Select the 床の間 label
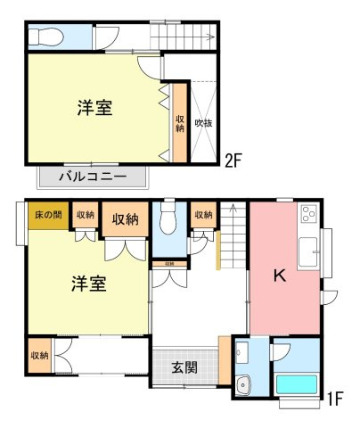point(48,215)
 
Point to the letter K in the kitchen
point(279,276)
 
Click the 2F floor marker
point(233,161)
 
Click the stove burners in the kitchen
point(310,214)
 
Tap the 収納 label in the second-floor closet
point(179,123)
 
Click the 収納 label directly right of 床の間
point(86,215)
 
